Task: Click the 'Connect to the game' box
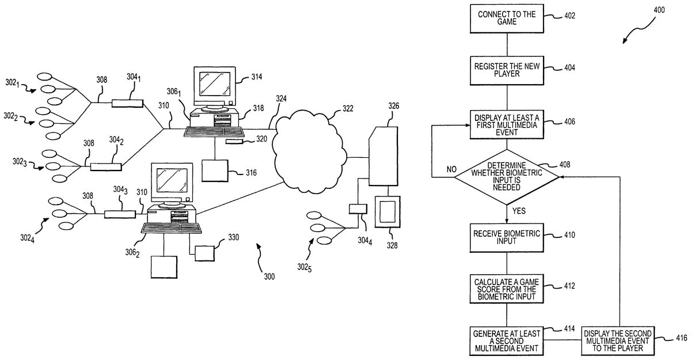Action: coord(506,18)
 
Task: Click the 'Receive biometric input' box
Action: coord(506,238)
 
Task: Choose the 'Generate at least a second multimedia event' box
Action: coord(506,339)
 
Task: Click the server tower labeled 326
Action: coord(383,156)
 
